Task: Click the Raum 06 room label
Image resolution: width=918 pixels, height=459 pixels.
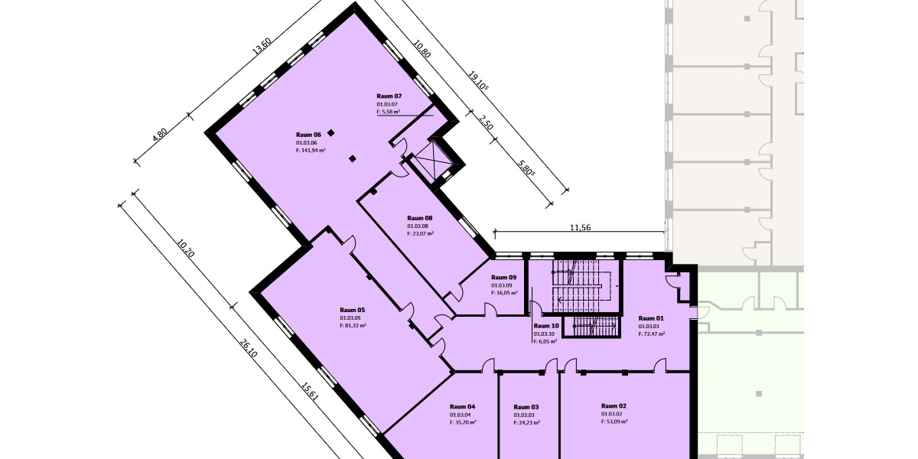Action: (308, 135)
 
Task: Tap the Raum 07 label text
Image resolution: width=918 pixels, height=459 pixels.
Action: (389, 96)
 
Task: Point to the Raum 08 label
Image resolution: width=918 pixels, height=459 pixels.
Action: (420, 218)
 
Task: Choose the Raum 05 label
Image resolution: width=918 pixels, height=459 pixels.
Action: (352, 310)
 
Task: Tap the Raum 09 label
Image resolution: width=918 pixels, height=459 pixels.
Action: (503, 278)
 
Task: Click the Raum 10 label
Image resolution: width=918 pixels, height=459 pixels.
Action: (546, 326)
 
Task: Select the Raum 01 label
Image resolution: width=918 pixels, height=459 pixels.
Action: (651, 318)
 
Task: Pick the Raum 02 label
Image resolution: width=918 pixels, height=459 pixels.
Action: (614, 405)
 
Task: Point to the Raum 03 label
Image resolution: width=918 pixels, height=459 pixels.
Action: (526, 407)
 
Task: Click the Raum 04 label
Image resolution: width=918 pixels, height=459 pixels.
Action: (462, 406)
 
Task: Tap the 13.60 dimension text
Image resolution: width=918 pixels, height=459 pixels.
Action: (262, 46)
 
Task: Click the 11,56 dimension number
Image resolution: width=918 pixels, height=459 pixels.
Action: (581, 228)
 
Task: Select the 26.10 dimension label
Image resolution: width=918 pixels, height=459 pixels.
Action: (248, 348)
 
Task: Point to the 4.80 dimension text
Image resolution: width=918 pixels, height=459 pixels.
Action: (159, 135)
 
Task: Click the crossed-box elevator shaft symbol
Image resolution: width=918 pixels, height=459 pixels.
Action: (434, 161)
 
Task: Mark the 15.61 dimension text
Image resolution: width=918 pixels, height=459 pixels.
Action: (310, 392)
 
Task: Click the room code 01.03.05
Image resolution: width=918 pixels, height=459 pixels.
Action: (350, 318)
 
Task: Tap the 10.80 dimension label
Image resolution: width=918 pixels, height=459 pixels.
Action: (422, 49)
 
